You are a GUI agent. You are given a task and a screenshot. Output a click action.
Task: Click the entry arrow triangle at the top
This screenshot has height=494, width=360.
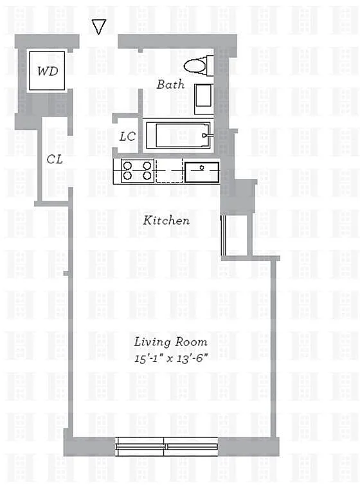98,26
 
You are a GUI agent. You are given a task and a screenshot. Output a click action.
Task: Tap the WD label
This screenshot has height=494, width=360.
48,71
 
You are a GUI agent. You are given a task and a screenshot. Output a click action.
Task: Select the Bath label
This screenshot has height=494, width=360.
170,84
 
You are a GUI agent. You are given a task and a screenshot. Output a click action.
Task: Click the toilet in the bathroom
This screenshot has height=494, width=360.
199,66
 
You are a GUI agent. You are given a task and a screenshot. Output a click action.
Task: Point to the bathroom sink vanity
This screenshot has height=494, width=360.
204,99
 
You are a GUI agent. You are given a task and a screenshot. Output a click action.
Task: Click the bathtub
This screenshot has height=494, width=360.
178,136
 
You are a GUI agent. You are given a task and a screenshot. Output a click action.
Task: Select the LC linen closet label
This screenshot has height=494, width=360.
127,136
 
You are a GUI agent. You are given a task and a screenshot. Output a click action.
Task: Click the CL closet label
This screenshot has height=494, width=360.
55,159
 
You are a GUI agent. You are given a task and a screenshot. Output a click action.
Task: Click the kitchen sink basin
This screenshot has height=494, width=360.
202,172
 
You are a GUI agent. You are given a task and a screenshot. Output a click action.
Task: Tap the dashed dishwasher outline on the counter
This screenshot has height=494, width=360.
169,171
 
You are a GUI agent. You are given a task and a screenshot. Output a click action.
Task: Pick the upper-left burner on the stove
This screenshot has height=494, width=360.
127,166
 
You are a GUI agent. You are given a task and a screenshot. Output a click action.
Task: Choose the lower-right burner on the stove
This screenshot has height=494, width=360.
147,176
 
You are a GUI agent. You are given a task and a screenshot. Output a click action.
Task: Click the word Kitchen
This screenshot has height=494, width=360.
166,220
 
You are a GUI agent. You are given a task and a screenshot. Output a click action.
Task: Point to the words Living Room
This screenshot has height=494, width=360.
170,342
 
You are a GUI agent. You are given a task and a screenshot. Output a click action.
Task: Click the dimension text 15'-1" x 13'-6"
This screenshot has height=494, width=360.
171,358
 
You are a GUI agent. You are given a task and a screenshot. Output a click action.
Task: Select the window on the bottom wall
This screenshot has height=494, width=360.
166,446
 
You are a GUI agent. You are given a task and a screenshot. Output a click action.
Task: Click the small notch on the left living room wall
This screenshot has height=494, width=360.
66,273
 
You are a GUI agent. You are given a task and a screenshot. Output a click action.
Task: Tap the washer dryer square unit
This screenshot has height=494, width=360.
47,71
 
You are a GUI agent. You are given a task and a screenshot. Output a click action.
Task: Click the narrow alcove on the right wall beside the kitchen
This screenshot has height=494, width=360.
236,235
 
